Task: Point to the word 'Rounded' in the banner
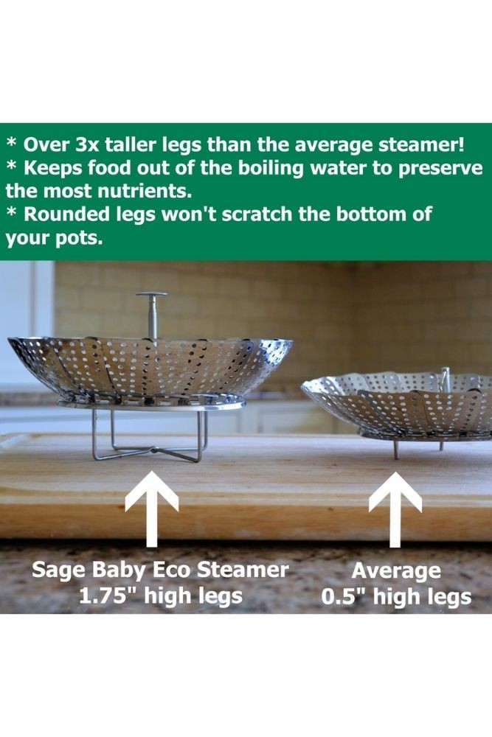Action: coord(61,214)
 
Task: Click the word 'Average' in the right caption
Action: coord(396,572)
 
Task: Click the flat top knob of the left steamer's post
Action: coord(151,296)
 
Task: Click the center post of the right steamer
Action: coord(445,379)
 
